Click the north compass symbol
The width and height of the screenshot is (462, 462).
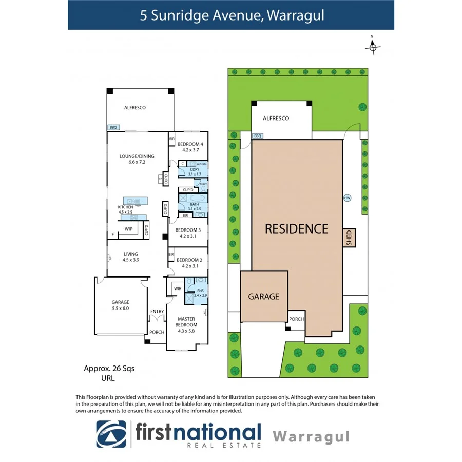pyautogui.click(x=373, y=47)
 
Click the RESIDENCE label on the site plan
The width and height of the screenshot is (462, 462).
pyautogui.click(x=296, y=229)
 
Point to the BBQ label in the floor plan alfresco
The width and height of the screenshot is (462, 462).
pyautogui.click(x=112, y=127)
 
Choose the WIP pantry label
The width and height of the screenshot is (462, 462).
pyautogui.click(x=128, y=229)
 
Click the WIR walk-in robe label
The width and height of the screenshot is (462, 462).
pyautogui.click(x=178, y=289)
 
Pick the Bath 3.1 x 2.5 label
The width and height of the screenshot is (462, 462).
pyautogui.click(x=194, y=206)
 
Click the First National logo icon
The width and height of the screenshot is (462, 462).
pyautogui.click(x=111, y=434)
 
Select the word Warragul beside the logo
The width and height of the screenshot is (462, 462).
pyautogui.click(x=311, y=437)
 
